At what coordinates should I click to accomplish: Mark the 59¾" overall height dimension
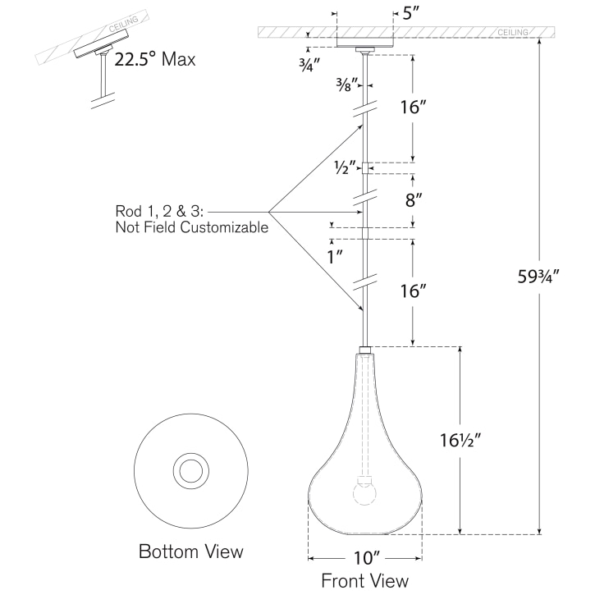click(x=538, y=277)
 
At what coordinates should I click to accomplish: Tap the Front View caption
click(x=364, y=581)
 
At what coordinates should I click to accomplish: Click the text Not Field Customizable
click(x=192, y=227)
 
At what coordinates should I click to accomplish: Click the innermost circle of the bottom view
click(x=192, y=470)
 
